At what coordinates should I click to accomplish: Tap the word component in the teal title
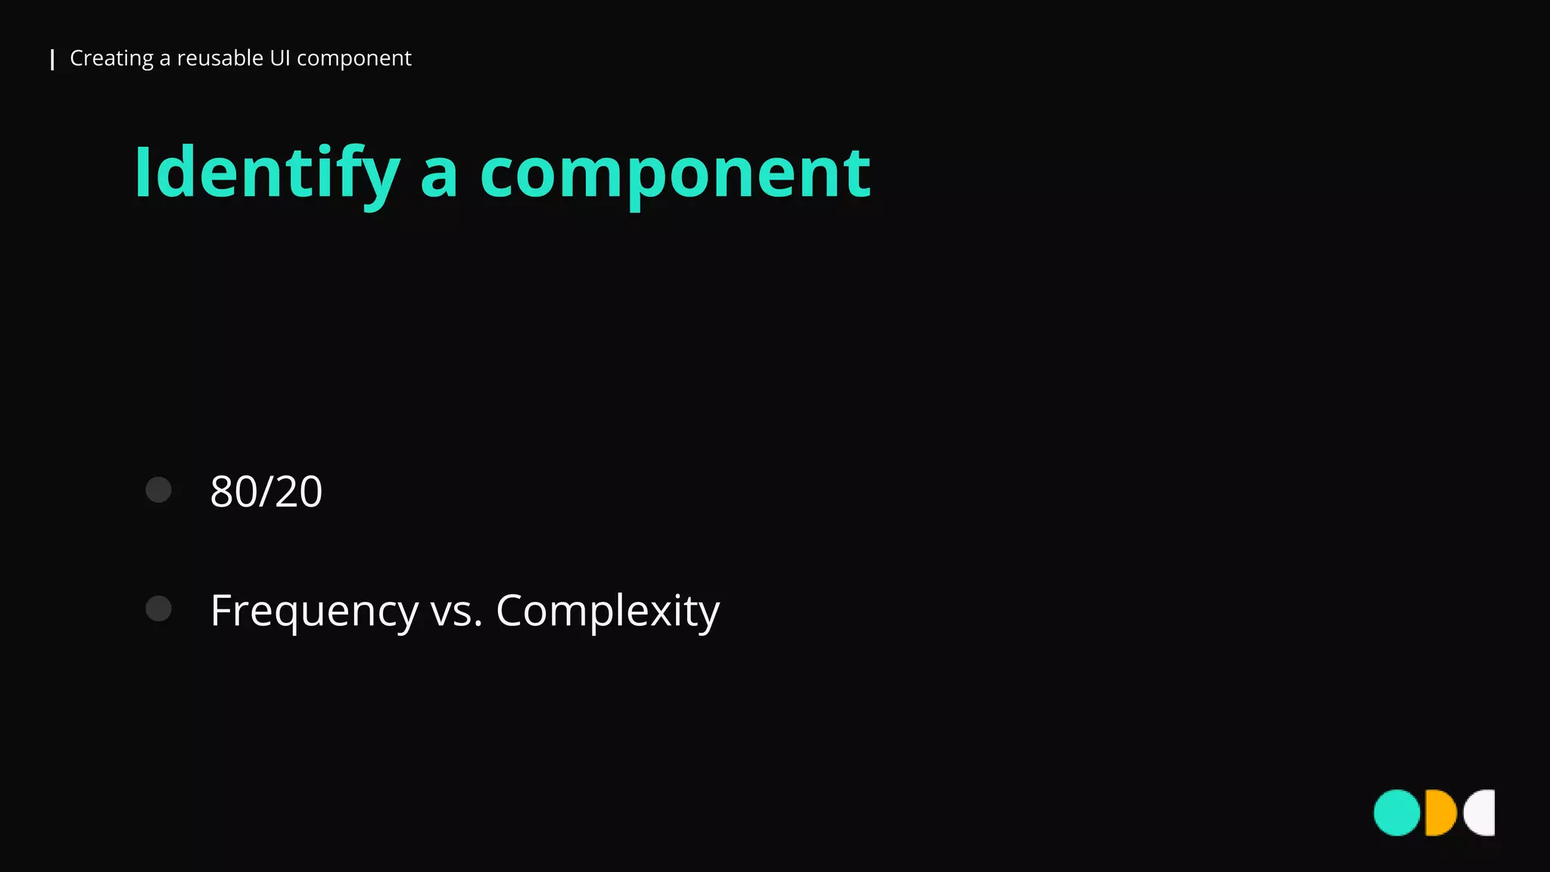coord(675,174)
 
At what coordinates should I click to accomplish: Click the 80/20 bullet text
coord(266,492)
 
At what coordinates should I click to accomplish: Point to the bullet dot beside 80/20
coord(158,490)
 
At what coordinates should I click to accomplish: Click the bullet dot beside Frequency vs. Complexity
coord(158,609)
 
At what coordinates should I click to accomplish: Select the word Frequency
coord(314,612)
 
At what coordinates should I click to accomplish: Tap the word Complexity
coord(607,612)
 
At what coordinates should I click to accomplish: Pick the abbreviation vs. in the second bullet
coord(456,612)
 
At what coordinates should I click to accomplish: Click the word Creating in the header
coord(111,58)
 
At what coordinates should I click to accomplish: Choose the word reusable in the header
coord(220,58)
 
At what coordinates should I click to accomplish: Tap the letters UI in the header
coord(280,58)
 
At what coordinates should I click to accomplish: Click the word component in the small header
coord(353,58)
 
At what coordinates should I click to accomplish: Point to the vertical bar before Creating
coord(52,60)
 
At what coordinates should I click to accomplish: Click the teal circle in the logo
coord(1396,813)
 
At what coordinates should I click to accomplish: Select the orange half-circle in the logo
coord(1440,813)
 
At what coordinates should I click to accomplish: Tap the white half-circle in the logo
coord(1482,813)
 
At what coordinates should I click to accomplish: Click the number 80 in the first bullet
coord(233,492)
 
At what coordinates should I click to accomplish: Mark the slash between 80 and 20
coord(266,492)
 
